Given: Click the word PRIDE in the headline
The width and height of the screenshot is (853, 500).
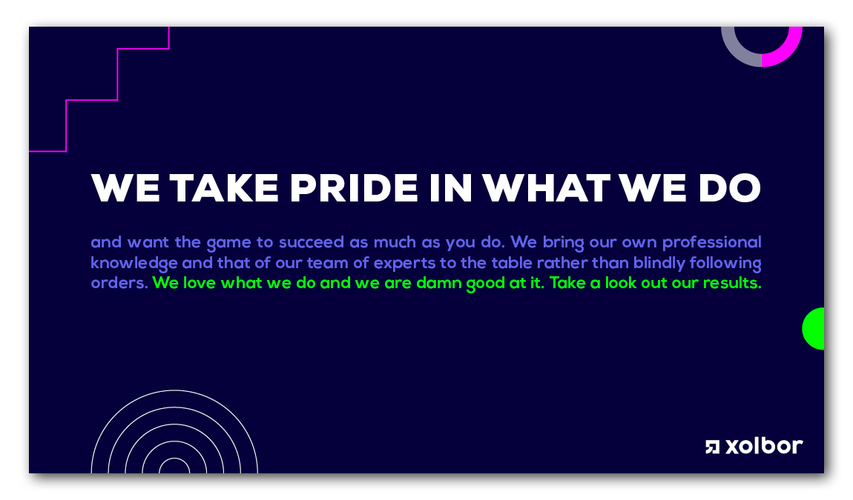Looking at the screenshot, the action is [354, 188].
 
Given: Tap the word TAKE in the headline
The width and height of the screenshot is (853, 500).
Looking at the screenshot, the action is [224, 188].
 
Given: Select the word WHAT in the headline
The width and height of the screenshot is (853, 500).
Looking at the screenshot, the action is [546, 188].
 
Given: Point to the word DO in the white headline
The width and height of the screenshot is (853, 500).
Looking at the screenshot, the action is [730, 188].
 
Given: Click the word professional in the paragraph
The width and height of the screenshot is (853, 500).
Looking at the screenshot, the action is [711, 242].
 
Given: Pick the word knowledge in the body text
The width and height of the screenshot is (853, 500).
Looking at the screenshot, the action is [134, 264].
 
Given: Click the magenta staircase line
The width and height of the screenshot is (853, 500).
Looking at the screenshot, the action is [117, 75].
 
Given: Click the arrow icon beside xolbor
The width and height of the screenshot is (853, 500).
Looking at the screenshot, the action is [712, 447].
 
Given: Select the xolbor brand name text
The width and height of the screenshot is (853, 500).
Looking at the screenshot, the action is [764, 446].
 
